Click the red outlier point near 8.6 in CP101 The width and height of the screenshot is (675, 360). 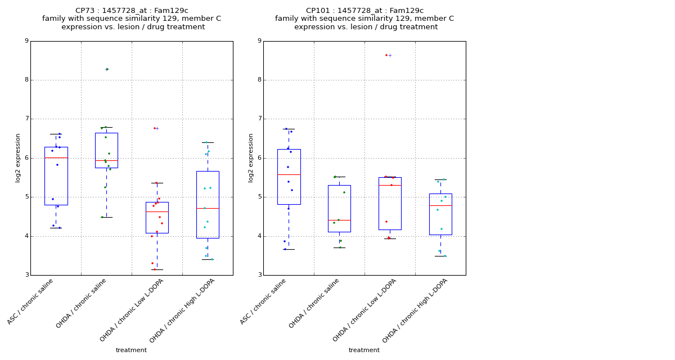tap(386, 55)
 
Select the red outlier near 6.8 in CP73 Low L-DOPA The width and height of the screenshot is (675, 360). tap(155, 128)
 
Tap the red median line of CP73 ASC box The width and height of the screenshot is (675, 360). tap(56, 157)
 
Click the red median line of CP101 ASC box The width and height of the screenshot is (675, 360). tap(289, 174)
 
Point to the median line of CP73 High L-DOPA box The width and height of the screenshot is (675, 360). tap(208, 208)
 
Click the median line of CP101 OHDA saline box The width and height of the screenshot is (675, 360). tap(339, 220)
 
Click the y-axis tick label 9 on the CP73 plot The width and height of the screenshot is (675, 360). tap(26, 41)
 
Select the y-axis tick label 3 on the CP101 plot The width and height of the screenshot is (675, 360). tap(259, 275)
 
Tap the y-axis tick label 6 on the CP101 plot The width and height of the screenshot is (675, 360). tap(259, 158)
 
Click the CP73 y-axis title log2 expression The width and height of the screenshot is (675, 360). tap(18, 157)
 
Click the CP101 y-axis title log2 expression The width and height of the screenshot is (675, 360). tap(251, 157)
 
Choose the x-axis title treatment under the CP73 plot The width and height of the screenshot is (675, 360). tap(131, 350)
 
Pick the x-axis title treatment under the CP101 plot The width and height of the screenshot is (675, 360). tap(364, 350)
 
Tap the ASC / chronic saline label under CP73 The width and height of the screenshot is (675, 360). tap(31, 301)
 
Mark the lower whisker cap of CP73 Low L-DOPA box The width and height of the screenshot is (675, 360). tap(157, 269)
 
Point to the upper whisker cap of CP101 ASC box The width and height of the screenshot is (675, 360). tap(289, 129)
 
